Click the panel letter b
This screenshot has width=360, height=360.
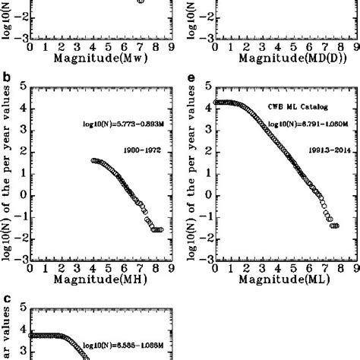[7, 76]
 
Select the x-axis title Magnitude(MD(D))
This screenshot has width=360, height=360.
[279, 57]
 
